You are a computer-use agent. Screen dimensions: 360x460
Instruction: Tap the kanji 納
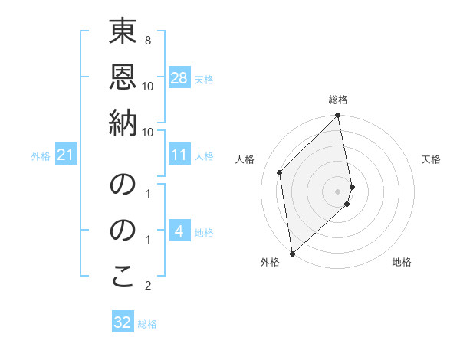[x=123, y=124]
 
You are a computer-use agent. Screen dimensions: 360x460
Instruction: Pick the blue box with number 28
[x=179, y=78]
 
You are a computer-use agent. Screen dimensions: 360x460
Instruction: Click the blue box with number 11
[x=179, y=155]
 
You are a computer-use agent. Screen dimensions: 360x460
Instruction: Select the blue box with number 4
[x=179, y=231]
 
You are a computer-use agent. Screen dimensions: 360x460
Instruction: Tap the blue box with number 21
[x=65, y=155]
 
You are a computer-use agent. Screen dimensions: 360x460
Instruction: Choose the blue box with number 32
[x=123, y=322]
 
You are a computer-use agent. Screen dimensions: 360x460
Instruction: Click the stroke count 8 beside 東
[x=147, y=40]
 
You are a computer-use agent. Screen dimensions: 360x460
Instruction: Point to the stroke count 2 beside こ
[x=147, y=286]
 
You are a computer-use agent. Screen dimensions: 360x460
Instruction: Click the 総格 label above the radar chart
[x=338, y=100]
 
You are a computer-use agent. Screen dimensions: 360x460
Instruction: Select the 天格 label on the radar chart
[x=431, y=159]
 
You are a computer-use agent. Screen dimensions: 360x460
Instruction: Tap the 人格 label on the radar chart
[x=245, y=159]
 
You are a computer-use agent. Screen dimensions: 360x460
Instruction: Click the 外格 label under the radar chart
[x=269, y=262]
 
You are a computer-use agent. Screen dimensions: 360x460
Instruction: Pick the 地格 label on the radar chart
[x=402, y=262]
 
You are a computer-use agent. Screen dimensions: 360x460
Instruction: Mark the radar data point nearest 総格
[x=338, y=116]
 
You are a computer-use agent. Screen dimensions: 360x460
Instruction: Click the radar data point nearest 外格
[x=292, y=253]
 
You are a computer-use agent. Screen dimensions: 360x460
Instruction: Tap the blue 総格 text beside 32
[x=147, y=324]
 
